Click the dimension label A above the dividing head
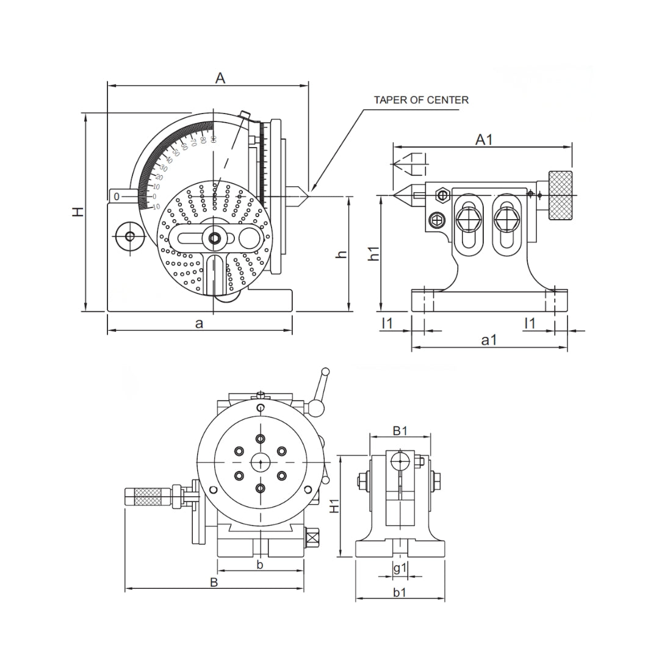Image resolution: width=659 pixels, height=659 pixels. point(220,77)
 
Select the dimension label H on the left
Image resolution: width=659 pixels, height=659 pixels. point(77,212)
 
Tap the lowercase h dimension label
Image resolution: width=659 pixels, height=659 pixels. point(342,254)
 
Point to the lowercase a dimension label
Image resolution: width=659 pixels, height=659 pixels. point(199,323)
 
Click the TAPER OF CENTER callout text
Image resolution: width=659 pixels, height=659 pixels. point(421,100)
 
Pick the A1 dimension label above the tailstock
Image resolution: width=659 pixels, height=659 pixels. point(484,140)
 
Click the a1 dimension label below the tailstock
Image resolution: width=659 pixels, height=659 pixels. point(489,340)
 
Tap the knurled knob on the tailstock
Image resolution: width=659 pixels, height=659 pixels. point(560,195)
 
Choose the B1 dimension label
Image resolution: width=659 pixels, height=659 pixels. point(400,431)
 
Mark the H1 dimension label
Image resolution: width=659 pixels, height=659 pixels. point(334,505)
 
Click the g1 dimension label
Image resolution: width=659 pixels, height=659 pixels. point(400,568)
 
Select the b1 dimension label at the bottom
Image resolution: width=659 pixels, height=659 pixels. point(400,592)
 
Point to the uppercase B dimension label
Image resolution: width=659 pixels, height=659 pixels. point(214,582)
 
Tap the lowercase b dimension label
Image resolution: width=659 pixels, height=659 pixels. point(259,565)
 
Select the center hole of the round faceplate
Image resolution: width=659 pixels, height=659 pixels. point(261,463)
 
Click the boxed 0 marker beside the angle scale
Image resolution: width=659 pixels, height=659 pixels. point(117,196)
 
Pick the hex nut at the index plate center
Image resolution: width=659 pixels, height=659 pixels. point(214,238)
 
